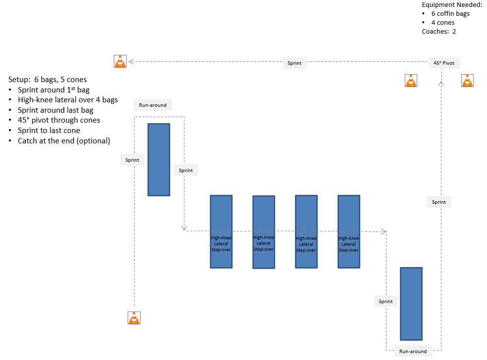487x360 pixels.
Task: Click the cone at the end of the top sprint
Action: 120,61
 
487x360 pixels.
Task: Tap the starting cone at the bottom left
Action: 134,318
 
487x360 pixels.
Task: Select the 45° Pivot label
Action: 444,63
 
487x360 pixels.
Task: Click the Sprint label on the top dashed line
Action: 294,63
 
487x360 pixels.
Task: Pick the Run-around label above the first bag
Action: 153,105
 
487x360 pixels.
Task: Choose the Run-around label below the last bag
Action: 413,351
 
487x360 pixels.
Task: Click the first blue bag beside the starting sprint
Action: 159,159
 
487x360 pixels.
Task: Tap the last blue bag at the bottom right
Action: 411,304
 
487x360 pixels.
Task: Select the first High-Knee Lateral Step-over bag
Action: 221,231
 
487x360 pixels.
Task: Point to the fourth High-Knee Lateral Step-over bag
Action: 348,231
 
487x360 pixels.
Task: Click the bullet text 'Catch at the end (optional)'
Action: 64,141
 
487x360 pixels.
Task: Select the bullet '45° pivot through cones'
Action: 59,120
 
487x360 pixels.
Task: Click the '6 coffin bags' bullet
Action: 450,13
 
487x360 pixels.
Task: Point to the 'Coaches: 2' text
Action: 438,31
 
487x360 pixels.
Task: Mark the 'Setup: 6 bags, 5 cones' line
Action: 48,79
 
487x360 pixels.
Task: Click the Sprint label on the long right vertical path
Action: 439,202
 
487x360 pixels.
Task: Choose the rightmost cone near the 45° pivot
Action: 468,80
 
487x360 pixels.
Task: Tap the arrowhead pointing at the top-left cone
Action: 132,61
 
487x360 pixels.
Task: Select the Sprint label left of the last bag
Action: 386,301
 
